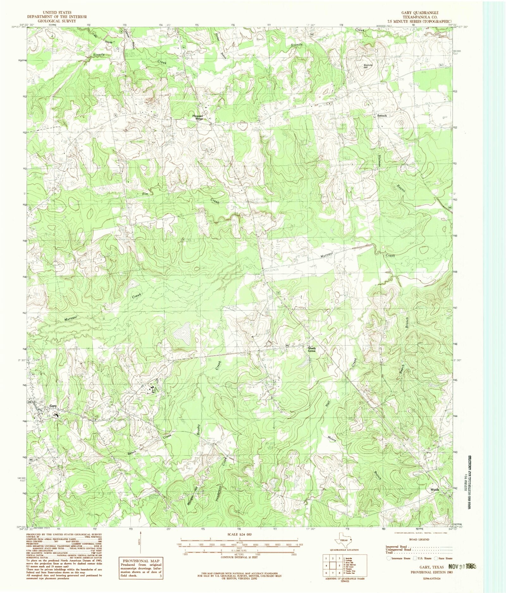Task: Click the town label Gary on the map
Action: coord(53,406)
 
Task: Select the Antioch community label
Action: coord(382,116)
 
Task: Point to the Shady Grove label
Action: coord(312,350)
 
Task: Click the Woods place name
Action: coord(435,490)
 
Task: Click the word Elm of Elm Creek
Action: coord(145,193)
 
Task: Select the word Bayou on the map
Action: coord(399,190)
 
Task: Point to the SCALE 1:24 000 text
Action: coord(239,534)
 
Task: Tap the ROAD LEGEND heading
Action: coord(419,539)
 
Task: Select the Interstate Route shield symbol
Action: coord(389,558)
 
